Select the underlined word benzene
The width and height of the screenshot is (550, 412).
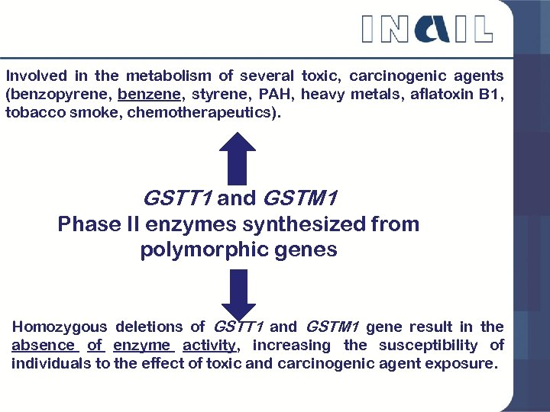[x=150, y=95]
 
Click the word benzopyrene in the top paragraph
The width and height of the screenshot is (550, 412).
[x=58, y=95]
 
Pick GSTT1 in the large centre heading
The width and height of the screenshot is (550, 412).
[x=177, y=199]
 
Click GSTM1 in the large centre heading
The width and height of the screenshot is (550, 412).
[x=299, y=199]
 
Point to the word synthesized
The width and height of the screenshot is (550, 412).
[x=269, y=224]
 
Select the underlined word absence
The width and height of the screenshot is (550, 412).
[x=44, y=346]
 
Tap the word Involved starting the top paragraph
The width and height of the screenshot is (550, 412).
[x=36, y=76]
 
